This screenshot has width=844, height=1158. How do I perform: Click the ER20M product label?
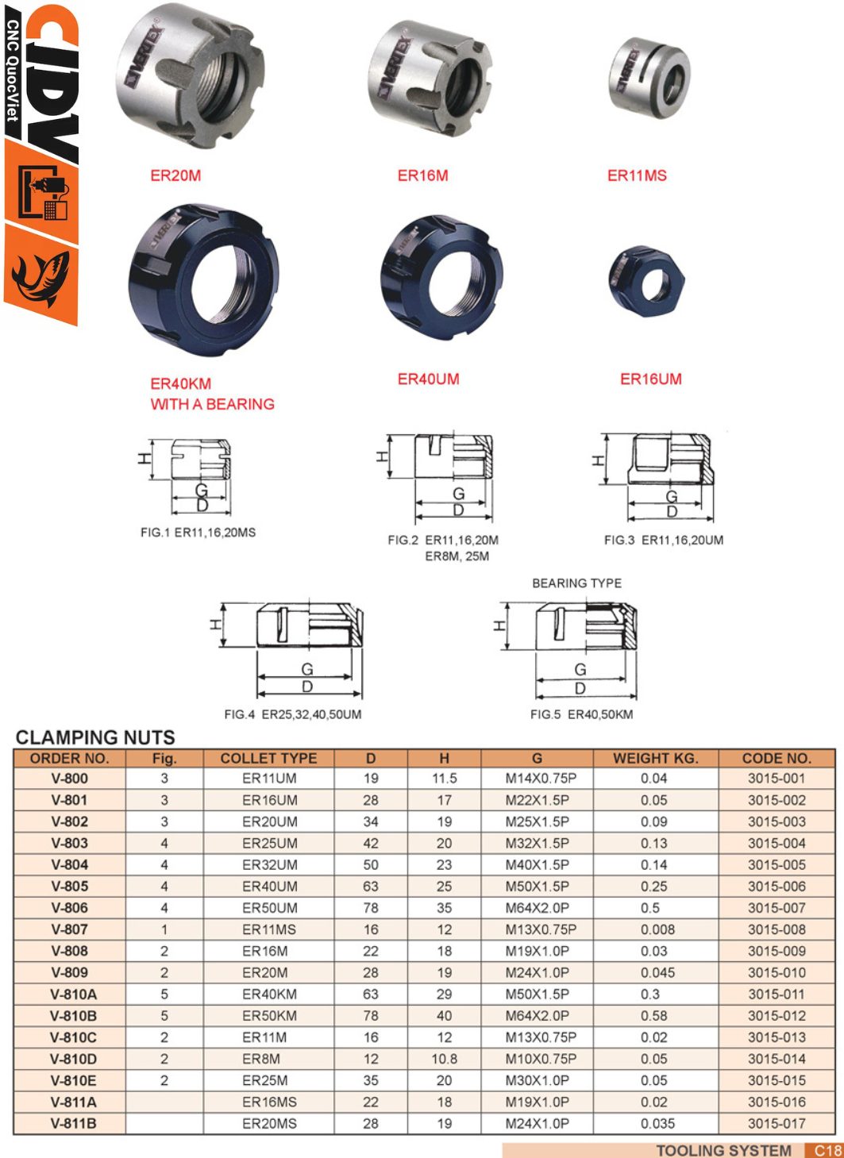pyautogui.click(x=175, y=175)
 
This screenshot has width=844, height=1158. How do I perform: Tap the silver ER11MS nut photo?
pyautogui.click(x=649, y=77)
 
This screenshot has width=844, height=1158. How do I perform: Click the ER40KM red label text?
pyautogui.click(x=181, y=383)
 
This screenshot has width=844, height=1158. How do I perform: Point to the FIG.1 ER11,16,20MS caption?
pyautogui.click(x=198, y=533)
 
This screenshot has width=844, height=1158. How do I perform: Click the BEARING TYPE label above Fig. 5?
pyautogui.click(x=576, y=583)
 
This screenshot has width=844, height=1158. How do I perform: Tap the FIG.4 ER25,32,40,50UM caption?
pyautogui.click(x=292, y=714)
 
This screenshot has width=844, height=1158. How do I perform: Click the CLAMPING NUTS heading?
pyautogui.click(x=95, y=737)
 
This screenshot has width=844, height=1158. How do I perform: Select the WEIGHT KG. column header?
pyautogui.click(x=655, y=758)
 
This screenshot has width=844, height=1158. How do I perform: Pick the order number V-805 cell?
pyautogui.click(x=70, y=887)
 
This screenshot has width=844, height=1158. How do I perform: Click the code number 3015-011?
pyautogui.click(x=776, y=994)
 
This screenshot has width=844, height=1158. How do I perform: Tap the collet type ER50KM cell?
pyautogui.click(x=269, y=1016)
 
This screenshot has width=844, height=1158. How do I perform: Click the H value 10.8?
pyautogui.click(x=444, y=1059)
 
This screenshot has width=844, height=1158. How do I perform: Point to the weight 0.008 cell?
pyautogui.click(x=657, y=929)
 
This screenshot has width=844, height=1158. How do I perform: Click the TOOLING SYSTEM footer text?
pyautogui.click(x=723, y=1150)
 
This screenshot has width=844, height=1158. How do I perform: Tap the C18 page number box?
pyautogui.click(x=827, y=1150)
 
